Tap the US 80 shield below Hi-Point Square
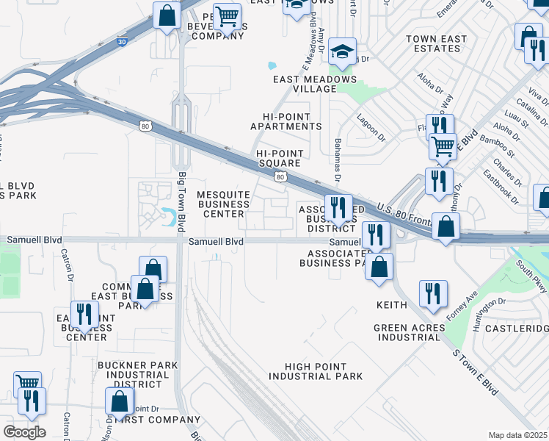(280, 177)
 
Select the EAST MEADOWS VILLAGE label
(314, 85)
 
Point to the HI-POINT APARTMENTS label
(286, 122)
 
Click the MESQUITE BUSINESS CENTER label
(224, 204)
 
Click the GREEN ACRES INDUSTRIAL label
(409, 332)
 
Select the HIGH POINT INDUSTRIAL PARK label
(316, 371)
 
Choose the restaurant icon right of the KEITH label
(433, 294)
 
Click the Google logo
(24, 432)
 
